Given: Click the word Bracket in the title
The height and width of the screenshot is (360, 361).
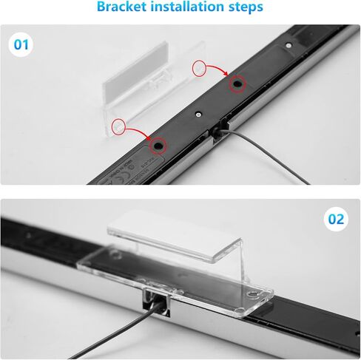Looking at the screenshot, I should (125, 9).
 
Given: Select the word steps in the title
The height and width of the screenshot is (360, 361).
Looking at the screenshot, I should (245, 9).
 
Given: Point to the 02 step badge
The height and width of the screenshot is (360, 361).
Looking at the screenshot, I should (336, 220).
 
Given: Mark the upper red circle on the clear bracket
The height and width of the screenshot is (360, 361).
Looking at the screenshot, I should (199, 68).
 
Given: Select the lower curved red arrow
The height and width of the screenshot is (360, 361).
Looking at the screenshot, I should (138, 132).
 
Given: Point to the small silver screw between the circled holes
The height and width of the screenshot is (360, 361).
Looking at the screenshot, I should (198, 115).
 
